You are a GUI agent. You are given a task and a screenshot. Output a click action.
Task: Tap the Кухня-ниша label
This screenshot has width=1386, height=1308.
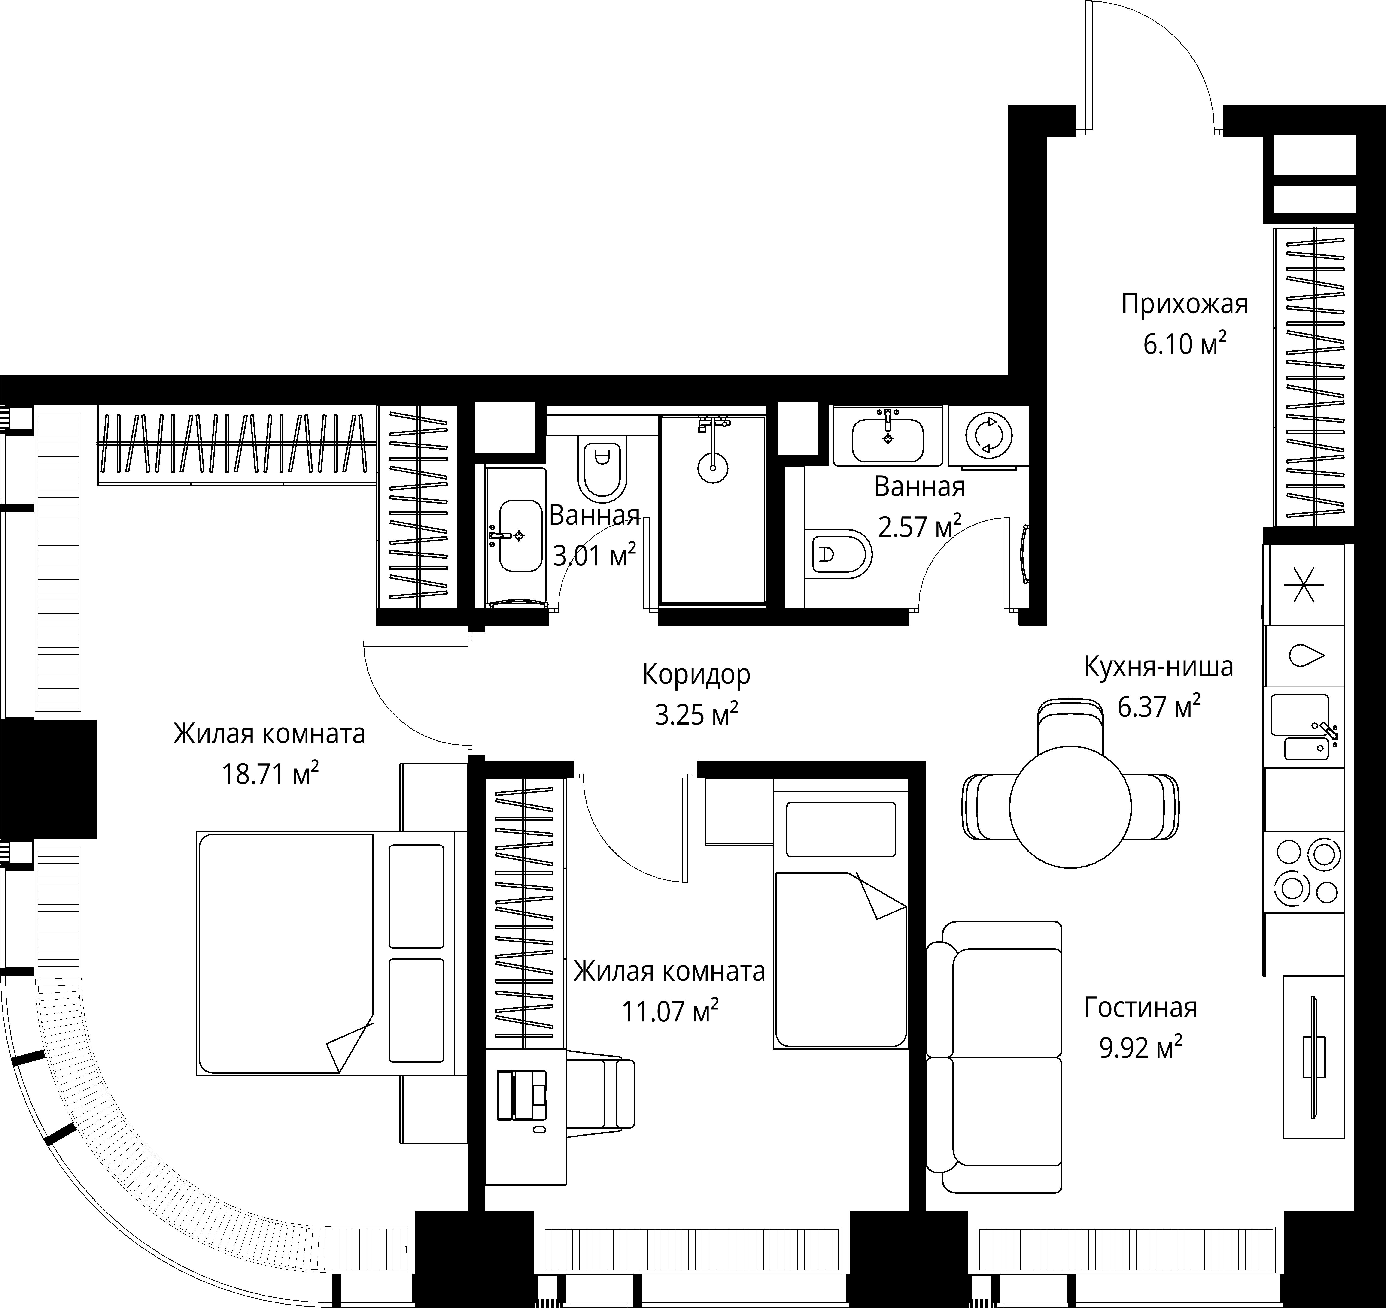click(1159, 667)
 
